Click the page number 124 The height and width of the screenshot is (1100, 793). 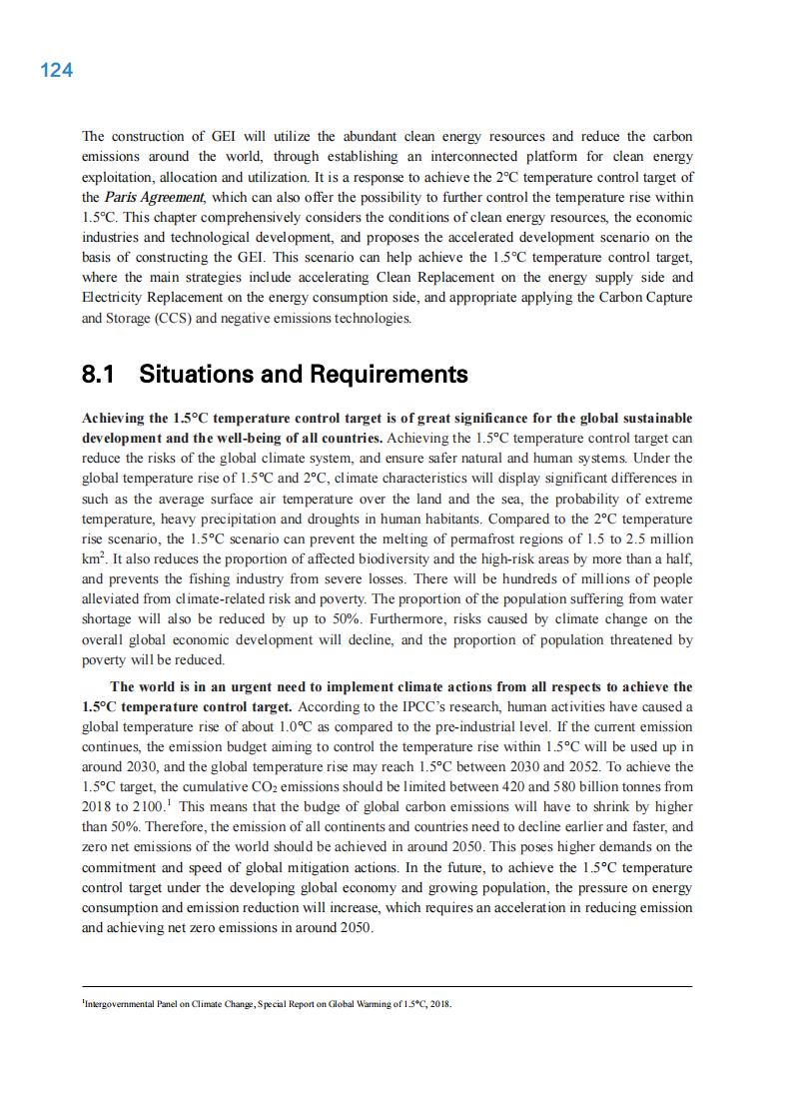56,70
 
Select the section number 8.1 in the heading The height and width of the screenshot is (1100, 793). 98,375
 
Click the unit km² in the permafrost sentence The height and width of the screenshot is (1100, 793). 92,559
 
